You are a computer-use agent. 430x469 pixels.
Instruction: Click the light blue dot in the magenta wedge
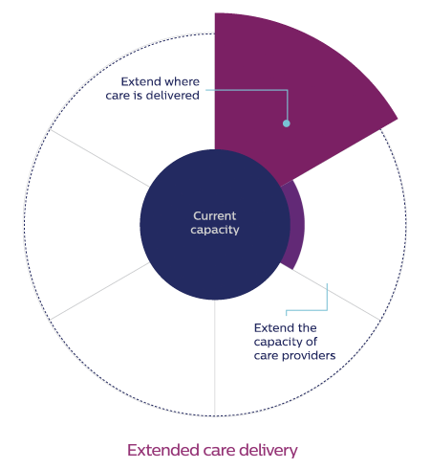[x=287, y=123]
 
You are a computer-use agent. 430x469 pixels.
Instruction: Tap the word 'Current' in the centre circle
[x=215, y=216]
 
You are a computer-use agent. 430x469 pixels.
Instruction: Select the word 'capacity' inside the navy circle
[x=215, y=230]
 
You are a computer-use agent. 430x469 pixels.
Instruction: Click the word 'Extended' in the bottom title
[x=163, y=450]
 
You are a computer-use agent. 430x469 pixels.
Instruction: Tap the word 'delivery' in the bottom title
[x=268, y=450]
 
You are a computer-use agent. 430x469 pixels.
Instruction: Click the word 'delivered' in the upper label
[x=173, y=96]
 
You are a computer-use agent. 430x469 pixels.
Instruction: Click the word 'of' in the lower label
[x=312, y=342]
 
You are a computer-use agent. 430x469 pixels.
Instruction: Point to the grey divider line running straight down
[x=215, y=358]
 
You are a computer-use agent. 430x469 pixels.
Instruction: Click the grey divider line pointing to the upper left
[x=99, y=158]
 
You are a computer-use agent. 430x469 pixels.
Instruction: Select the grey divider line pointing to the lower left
[x=99, y=291]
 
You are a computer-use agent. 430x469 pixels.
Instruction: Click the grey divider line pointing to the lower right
[x=336, y=295]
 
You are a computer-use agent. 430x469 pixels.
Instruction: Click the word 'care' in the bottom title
[x=219, y=450]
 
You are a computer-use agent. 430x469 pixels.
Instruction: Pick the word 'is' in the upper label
[x=138, y=96]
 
